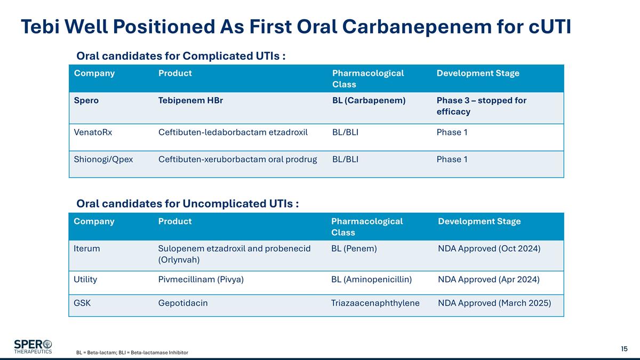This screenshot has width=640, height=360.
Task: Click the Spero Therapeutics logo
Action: pyautogui.click(x=33, y=346)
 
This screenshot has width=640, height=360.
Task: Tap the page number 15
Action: pyautogui.click(x=624, y=349)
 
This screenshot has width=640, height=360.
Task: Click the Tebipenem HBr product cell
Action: pyautogui.click(x=190, y=100)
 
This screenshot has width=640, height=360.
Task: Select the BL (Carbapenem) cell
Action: pyautogui.click(x=369, y=100)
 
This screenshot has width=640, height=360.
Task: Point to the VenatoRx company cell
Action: pyautogui.click(x=93, y=132)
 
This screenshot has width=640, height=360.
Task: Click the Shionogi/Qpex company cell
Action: pyautogui.click(x=103, y=159)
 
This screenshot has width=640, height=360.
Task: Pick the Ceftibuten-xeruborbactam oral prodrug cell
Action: pyautogui.click(x=238, y=159)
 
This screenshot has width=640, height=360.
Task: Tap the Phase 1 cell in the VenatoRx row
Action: pyautogui.click(x=452, y=132)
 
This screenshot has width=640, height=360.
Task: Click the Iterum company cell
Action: pyautogui.click(x=87, y=249)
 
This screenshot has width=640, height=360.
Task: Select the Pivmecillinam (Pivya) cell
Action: pyautogui.click(x=201, y=279)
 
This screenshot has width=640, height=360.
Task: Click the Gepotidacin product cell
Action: pyautogui.click(x=183, y=303)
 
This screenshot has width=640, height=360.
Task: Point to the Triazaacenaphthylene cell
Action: pyautogui.click(x=375, y=303)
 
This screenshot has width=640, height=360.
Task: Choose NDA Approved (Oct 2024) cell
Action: pyautogui.click(x=489, y=249)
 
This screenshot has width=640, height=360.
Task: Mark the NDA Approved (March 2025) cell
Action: pyautogui.click(x=494, y=303)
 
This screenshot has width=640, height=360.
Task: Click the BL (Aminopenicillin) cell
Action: pyautogui.click(x=371, y=279)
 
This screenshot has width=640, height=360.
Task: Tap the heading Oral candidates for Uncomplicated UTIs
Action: pyautogui.click(x=187, y=204)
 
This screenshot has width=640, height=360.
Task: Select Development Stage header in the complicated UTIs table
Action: pyautogui.click(x=477, y=74)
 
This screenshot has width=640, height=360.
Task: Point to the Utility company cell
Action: pyautogui.click(x=85, y=279)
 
